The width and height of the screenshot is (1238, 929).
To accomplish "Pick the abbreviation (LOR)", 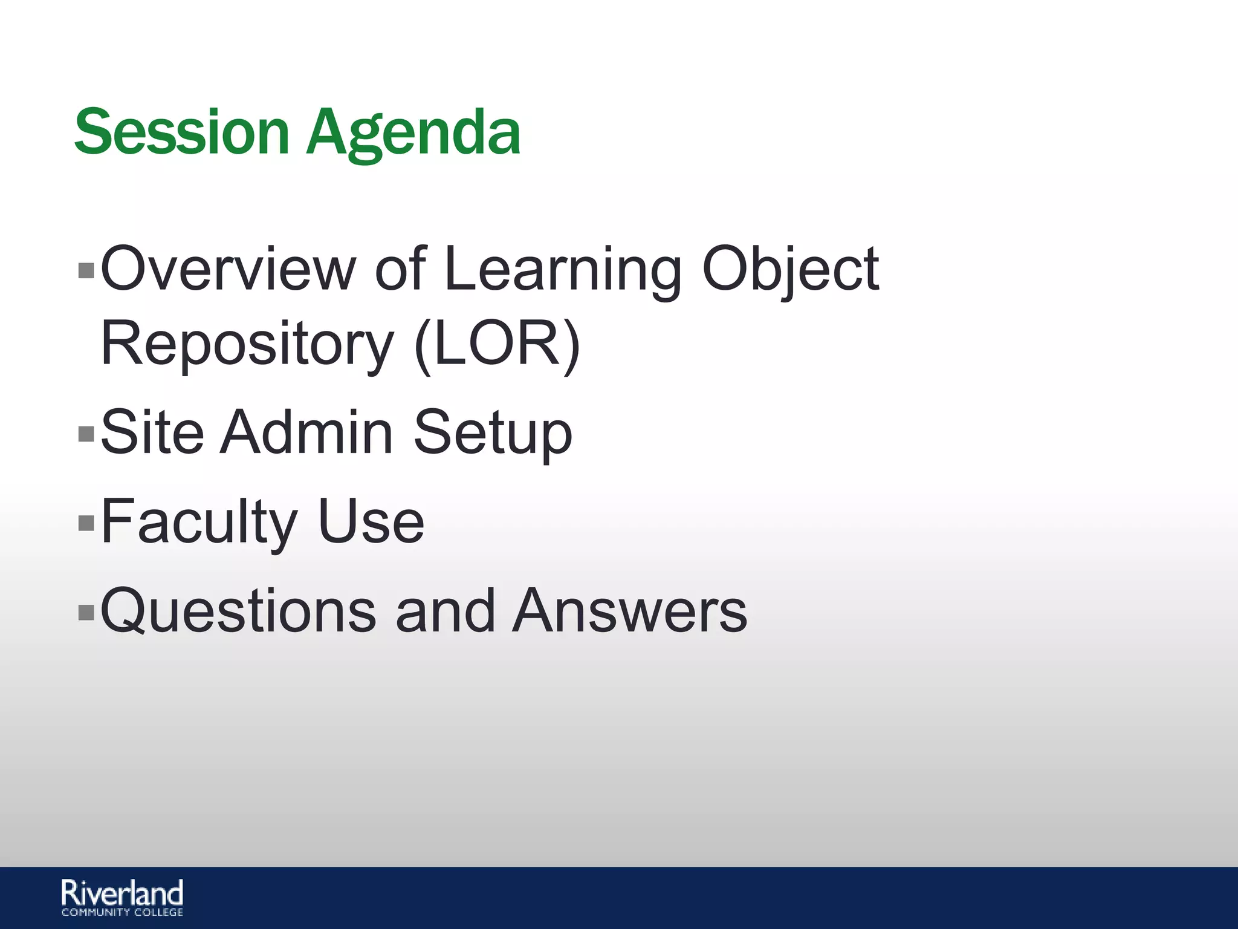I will pyautogui.click(x=497, y=344).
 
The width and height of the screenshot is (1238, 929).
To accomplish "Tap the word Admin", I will pyautogui.click(x=306, y=432).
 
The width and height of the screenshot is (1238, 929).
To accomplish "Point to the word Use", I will pyautogui.click(x=371, y=521).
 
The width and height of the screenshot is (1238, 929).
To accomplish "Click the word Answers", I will pyautogui.click(x=629, y=611).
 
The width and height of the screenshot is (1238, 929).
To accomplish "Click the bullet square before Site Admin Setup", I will pyautogui.click(x=86, y=433).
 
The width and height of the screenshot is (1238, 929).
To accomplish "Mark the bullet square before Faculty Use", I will pyautogui.click(x=86, y=523).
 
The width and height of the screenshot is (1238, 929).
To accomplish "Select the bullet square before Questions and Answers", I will pyautogui.click(x=86, y=612).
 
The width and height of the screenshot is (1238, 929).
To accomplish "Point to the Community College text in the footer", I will pyautogui.click(x=122, y=912).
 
